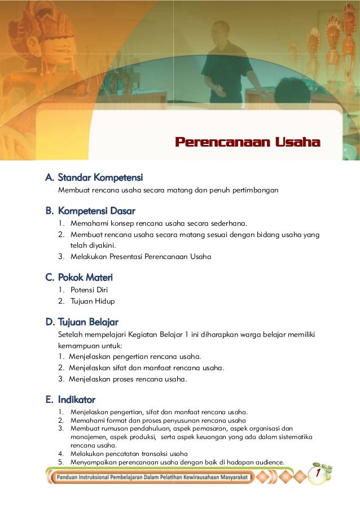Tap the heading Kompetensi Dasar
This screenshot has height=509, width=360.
tap(90, 211)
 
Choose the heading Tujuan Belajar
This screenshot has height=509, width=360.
tap(82, 322)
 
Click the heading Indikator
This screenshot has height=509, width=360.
tap(70, 400)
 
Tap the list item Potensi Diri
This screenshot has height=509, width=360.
tap(89, 290)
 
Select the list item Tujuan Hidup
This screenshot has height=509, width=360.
tap(93, 301)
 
